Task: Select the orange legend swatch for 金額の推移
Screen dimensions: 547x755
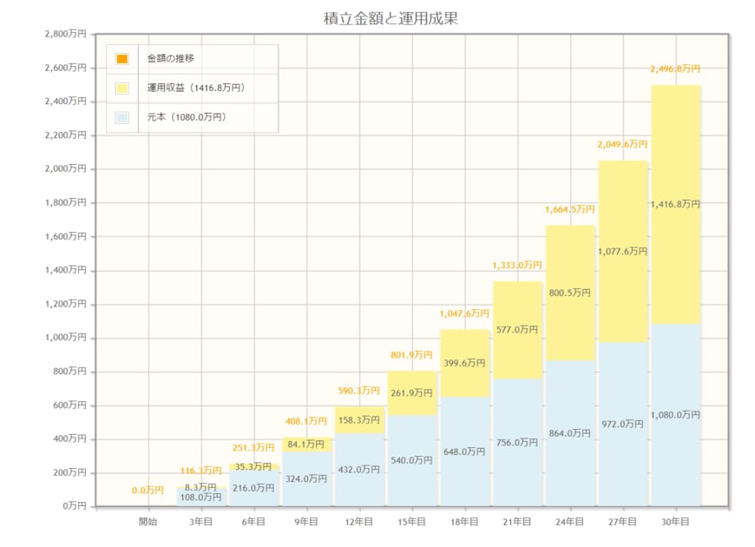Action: coord(121,59)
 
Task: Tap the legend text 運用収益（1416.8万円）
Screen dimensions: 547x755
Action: coord(196,88)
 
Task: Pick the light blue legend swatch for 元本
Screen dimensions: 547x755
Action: coord(121,117)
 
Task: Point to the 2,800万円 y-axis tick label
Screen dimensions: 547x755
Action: coord(66,34)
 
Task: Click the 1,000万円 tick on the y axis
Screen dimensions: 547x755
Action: coord(66,338)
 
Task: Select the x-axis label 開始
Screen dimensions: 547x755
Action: coord(148,522)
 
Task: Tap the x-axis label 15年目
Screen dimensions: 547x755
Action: coord(411,522)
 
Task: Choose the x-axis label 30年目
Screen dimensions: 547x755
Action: coord(675,522)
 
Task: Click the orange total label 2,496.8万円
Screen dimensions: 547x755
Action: coord(675,69)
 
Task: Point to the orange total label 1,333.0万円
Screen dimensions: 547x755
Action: coord(517,265)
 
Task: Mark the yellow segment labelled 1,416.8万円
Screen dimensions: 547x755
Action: coord(675,204)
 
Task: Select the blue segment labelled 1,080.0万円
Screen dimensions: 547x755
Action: coord(675,415)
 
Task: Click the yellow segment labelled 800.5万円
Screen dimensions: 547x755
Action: coord(570,293)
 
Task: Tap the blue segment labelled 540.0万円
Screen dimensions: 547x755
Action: coord(411,460)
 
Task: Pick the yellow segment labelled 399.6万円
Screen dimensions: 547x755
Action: coord(464,363)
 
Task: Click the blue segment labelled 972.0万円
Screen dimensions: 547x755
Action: coord(622,424)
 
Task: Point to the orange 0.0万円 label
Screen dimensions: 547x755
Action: coord(148,491)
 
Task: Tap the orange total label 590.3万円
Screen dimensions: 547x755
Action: coord(358,391)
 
